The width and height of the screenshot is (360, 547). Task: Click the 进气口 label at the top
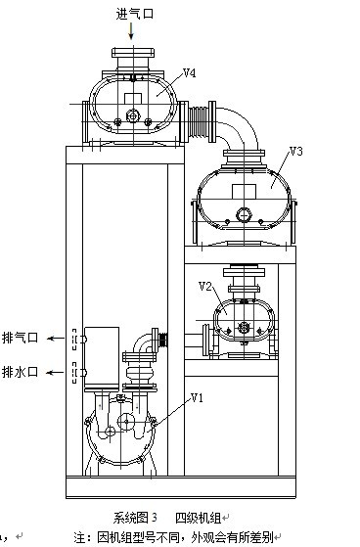(135, 14)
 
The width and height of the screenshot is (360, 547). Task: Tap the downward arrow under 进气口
(131, 31)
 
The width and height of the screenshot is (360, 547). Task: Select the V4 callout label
(190, 73)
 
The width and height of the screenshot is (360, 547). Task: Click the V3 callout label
(296, 151)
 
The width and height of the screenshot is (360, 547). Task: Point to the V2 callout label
(205, 287)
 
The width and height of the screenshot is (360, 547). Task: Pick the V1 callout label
(197, 397)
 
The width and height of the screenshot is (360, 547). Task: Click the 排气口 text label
(20, 338)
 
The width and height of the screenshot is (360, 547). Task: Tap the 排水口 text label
(20, 372)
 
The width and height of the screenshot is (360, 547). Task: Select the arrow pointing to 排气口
(56, 338)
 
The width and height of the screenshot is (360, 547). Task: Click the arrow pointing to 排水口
(56, 372)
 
